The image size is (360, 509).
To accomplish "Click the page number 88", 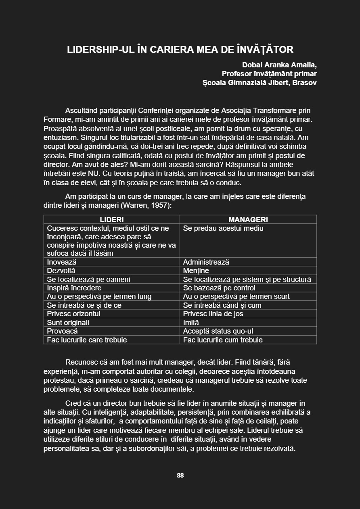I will coord(180,475).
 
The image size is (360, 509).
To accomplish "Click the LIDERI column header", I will coord(112,220).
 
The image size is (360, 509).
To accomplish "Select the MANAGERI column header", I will coord(248,220).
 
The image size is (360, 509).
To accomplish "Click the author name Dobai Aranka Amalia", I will coord(279,65).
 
